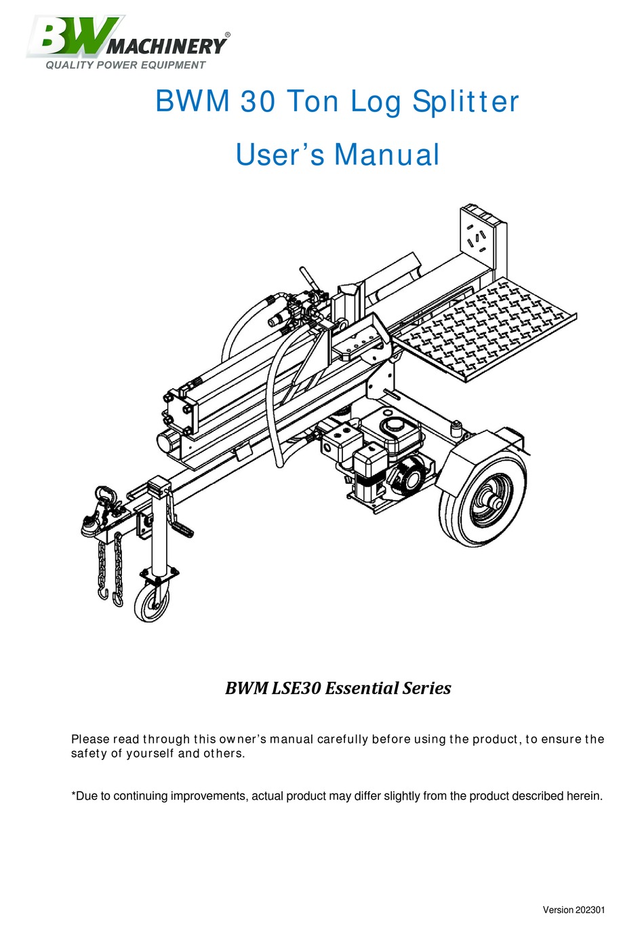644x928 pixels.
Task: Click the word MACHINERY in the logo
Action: coord(167,47)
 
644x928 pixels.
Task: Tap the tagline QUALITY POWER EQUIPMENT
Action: coord(125,65)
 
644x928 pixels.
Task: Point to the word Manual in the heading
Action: coord(387,155)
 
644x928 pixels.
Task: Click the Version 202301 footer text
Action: coord(574,910)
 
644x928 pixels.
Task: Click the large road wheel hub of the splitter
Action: coord(492,503)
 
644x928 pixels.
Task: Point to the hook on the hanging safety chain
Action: coord(104,594)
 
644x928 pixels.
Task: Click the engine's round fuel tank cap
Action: coord(391,425)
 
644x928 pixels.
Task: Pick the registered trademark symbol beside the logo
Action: coord(227,34)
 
